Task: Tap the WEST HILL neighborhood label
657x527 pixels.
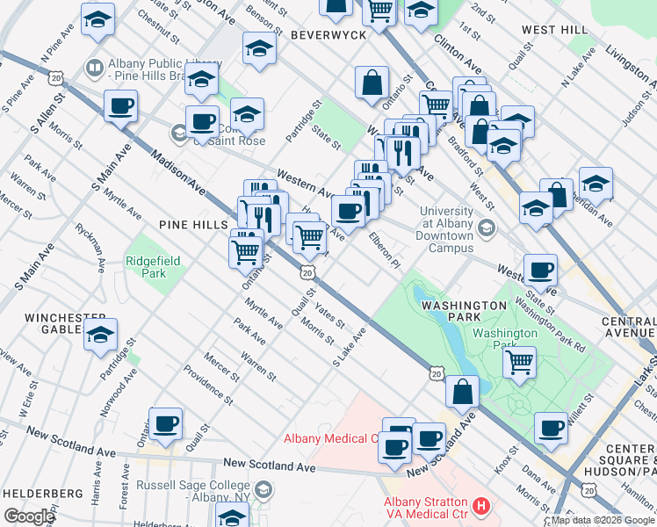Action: [x=554, y=30]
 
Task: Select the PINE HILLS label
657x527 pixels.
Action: [x=192, y=225]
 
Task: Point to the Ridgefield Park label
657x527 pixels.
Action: [x=146, y=267]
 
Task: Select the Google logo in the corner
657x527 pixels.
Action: [x=29, y=516]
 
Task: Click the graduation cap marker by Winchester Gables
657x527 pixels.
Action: [x=101, y=336]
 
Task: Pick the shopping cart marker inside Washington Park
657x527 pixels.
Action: [x=520, y=360]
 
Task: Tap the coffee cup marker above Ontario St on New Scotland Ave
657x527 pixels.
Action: [x=165, y=424]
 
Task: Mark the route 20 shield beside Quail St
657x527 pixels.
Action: [x=307, y=273]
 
